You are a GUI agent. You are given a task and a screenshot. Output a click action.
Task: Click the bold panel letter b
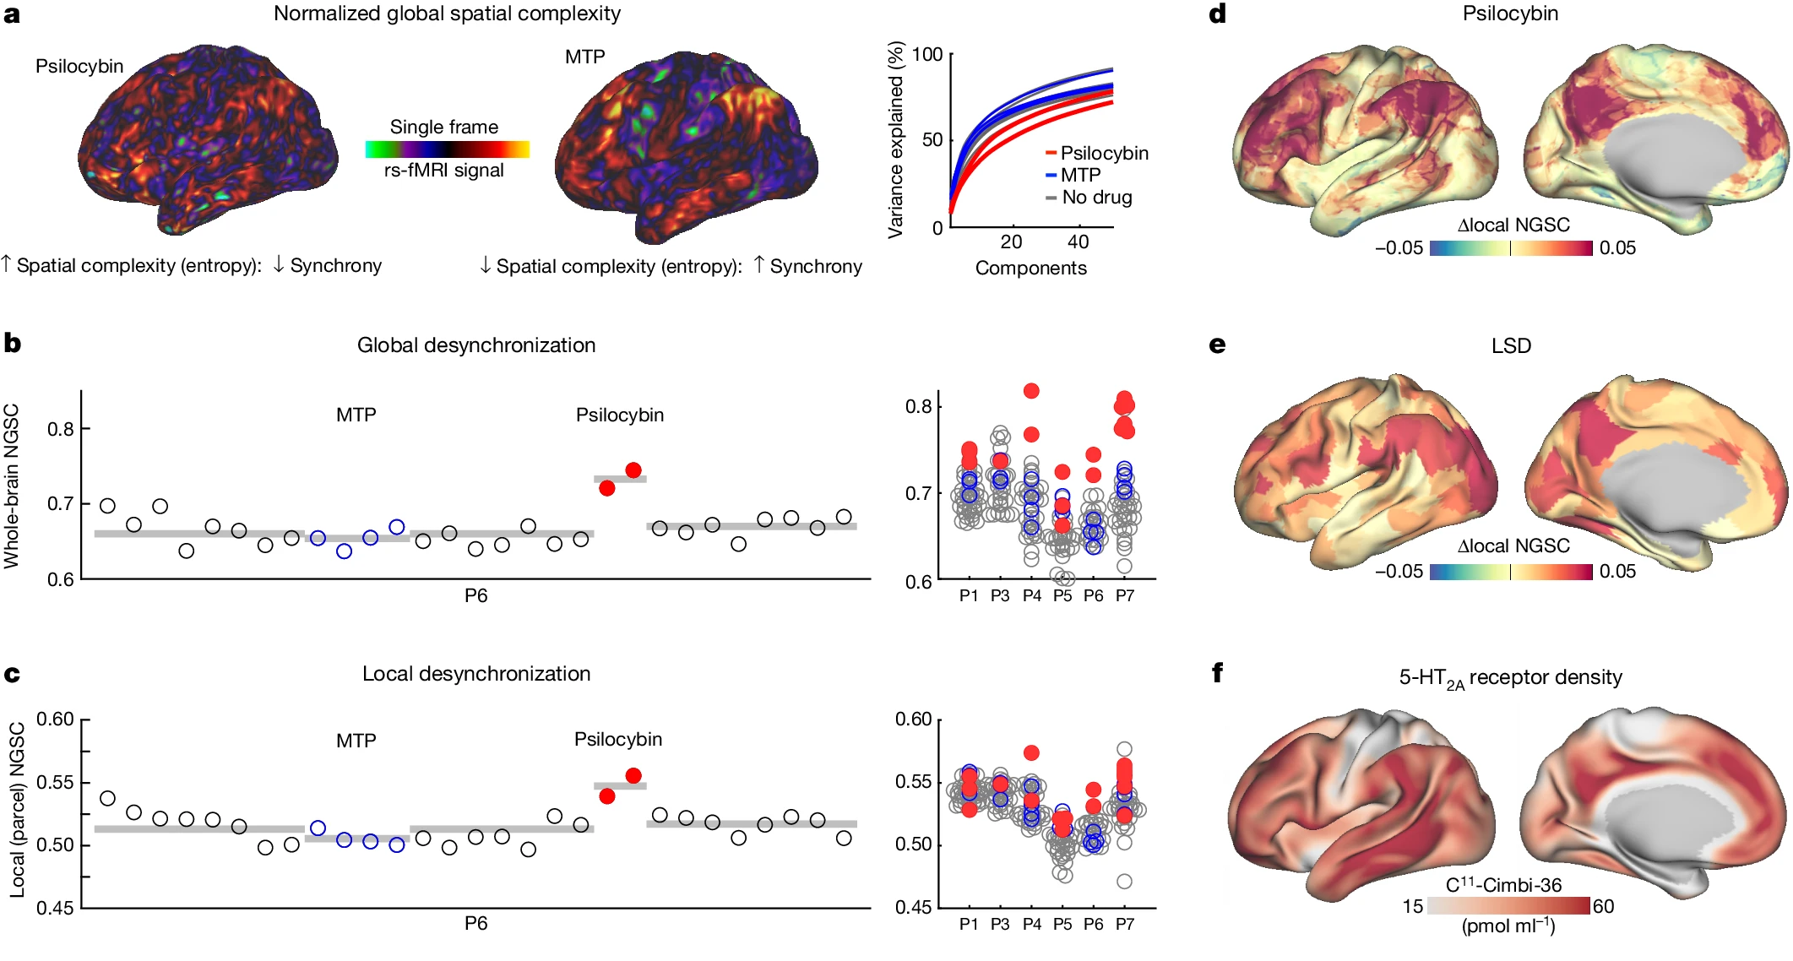tap(12, 344)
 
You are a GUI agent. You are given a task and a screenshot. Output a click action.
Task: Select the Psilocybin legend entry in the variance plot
tap(1103, 153)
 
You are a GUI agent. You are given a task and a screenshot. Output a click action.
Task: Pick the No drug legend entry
tap(1096, 197)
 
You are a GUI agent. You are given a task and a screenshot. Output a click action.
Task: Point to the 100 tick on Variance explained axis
tap(927, 55)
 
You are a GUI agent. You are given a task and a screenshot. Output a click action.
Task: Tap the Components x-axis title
tap(1030, 268)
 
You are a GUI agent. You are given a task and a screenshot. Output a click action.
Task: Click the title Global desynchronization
tap(475, 345)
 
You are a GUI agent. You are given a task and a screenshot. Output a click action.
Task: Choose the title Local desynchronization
tap(475, 673)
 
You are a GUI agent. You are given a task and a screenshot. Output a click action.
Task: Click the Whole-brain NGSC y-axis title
tap(12, 486)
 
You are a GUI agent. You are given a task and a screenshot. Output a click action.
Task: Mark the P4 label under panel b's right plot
tap(1031, 595)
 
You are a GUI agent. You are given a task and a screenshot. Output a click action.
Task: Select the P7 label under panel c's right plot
tap(1124, 924)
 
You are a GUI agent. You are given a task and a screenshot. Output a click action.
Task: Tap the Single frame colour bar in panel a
tap(447, 149)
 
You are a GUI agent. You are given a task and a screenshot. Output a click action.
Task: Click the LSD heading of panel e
tap(1510, 345)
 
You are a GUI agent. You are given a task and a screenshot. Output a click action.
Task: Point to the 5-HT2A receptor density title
tap(1510, 677)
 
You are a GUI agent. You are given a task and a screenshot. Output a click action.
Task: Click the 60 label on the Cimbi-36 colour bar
tap(1603, 906)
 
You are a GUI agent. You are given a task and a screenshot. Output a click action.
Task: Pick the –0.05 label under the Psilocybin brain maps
tap(1399, 248)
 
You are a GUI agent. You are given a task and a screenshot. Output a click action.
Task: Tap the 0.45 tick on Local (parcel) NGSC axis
tap(55, 908)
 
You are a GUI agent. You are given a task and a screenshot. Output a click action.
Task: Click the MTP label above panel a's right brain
tap(584, 57)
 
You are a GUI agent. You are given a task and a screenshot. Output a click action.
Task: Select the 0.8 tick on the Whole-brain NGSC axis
tap(60, 429)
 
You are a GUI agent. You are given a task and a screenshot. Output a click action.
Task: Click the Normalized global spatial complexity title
tap(447, 14)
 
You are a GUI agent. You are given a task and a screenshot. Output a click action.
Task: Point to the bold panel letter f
tap(1217, 673)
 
